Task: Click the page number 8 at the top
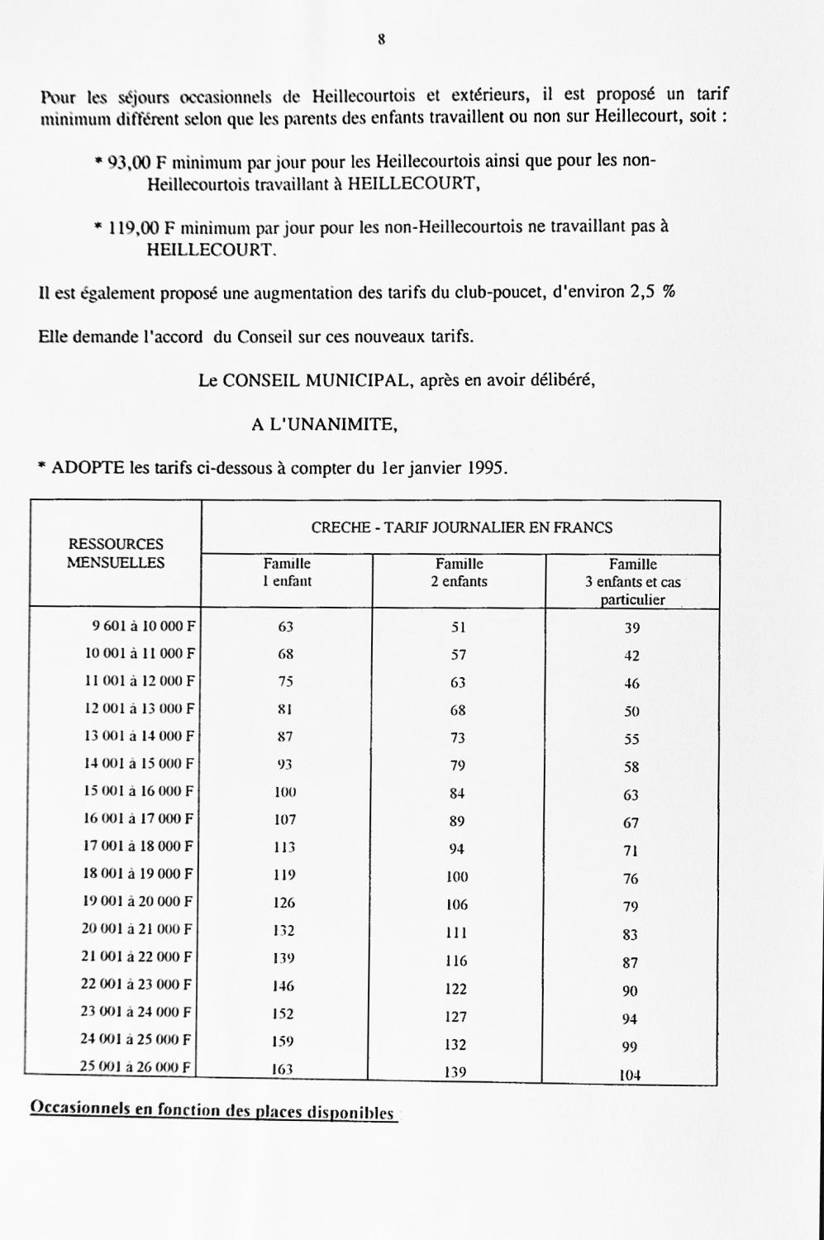point(382,39)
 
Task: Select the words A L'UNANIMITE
point(325,425)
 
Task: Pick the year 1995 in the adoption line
point(484,469)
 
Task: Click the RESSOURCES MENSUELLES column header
point(116,554)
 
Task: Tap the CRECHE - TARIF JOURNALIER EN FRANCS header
point(461,527)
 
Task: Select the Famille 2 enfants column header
point(460,572)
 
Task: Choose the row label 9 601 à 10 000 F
point(143,626)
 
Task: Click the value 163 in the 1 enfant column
point(283,1069)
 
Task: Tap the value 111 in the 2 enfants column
point(456,932)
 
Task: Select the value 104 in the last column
point(630,1076)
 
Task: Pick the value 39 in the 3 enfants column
point(631,628)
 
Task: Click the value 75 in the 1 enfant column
point(285,681)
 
